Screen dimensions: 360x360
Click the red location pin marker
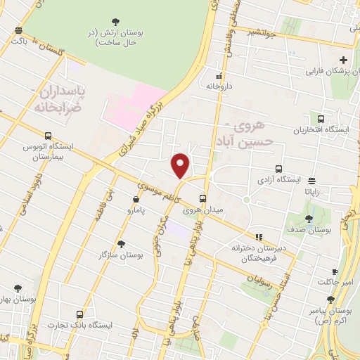tap(181, 165)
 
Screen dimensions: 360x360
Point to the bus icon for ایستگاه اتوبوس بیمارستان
tap(48, 136)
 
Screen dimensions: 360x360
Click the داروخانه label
tap(219, 85)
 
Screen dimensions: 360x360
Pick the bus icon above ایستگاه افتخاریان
tap(321, 119)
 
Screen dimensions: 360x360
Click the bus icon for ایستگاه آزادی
tap(279, 169)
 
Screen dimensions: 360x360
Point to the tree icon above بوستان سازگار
tap(122, 244)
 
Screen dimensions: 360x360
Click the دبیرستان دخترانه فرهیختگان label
tap(256, 252)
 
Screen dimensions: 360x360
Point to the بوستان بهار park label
tap(18, 299)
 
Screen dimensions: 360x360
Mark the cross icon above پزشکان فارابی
tap(343, 60)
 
